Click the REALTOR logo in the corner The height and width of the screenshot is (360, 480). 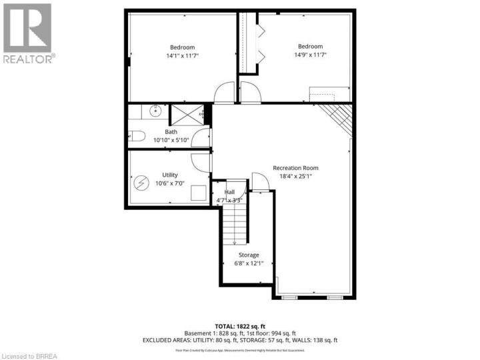(28, 33)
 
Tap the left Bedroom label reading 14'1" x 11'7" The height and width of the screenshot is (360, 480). (181, 52)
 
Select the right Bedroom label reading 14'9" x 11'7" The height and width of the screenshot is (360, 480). (311, 51)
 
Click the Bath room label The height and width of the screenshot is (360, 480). (171, 132)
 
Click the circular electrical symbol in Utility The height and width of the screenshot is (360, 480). (142, 182)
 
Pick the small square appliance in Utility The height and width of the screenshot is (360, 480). (197, 193)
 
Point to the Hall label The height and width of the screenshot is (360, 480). (229, 192)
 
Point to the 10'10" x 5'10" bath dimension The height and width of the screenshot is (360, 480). (171, 139)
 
